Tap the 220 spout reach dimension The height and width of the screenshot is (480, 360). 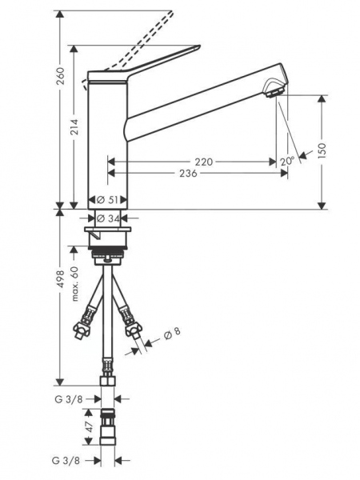[x=204, y=162]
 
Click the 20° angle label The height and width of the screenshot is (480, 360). [x=287, y=162]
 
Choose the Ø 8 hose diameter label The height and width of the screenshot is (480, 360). [x=173, y=334]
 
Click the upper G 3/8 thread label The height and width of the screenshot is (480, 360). [x=78, y=398]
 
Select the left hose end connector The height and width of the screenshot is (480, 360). [x=82, y=328]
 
